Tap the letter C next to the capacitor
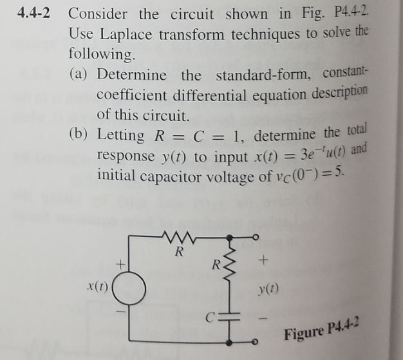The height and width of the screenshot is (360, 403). pyautogui.click(x=209, y=317)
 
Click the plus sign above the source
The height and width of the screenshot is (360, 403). pyautogui.click(x=118, y=263)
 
